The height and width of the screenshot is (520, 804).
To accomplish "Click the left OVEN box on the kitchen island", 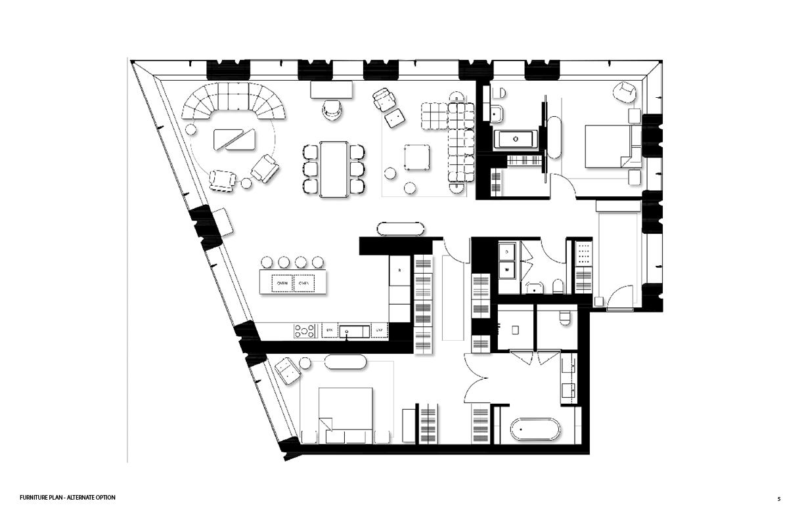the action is (282, 284).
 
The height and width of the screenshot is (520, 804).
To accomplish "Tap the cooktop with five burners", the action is (305, 331).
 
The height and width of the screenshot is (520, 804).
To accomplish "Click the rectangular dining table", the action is (334, 169).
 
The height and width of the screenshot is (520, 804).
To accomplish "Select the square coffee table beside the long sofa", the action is (417, 157).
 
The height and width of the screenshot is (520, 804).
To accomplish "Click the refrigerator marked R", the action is (400, 271).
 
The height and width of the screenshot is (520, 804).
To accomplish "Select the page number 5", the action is (779, 499).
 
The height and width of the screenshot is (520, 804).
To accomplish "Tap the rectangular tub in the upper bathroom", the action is (516, 139).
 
